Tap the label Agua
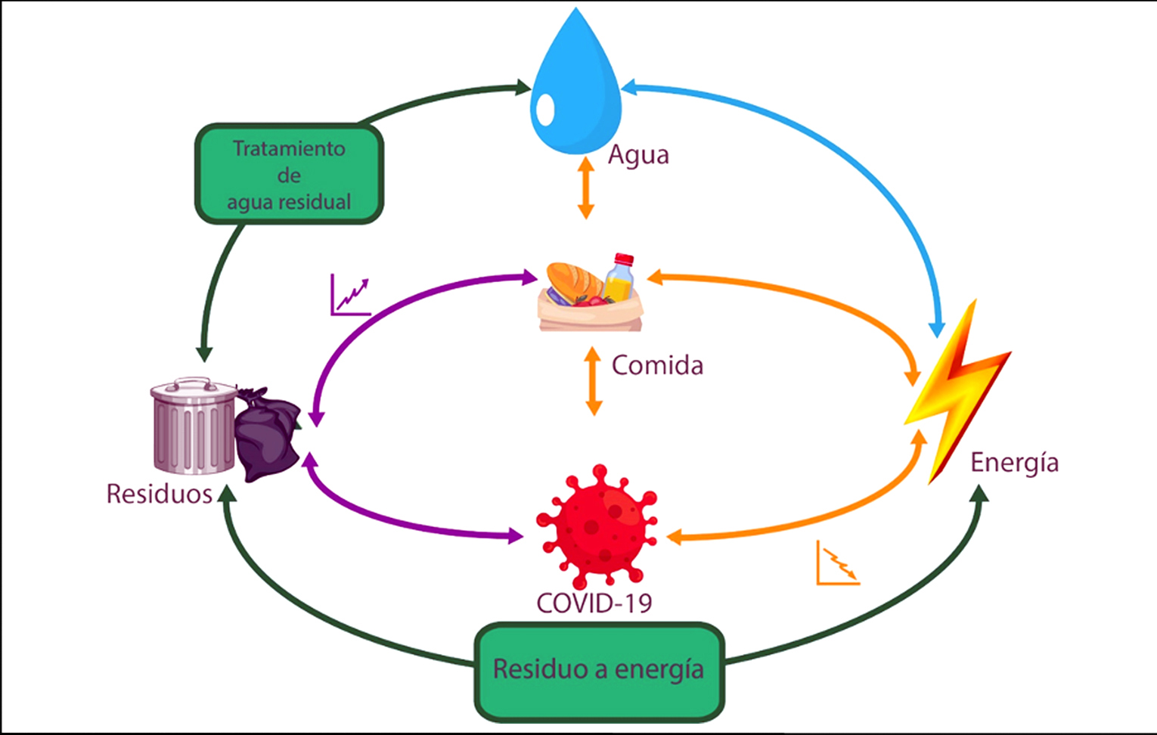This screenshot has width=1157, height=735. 638,155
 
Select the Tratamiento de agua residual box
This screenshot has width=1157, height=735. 289,175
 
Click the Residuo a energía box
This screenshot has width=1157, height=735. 599,670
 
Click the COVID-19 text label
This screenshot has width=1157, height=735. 594,603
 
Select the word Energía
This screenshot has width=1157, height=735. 1014,462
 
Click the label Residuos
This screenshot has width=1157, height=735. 159,494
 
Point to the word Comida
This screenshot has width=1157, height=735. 657,365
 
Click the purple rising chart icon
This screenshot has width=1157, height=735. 350,295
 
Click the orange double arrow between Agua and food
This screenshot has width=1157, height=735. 585,187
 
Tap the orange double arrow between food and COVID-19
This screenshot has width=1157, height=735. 594,381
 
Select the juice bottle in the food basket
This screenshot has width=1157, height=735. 620,278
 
